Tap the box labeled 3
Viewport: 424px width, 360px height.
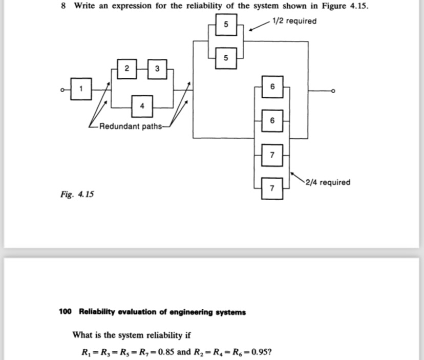[x=157, y=68]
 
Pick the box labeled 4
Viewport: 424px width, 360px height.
[x=142, y=106]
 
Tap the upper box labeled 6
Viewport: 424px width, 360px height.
[x=272, y=88]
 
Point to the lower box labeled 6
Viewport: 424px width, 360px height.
[x=272, y=121]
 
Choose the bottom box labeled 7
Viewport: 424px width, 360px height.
[x=272, y=189]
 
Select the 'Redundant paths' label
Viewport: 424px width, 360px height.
[x=131, y=126]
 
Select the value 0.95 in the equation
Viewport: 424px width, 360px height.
[x=259, y=352]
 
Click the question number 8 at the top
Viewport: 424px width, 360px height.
[x=63, y=6]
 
